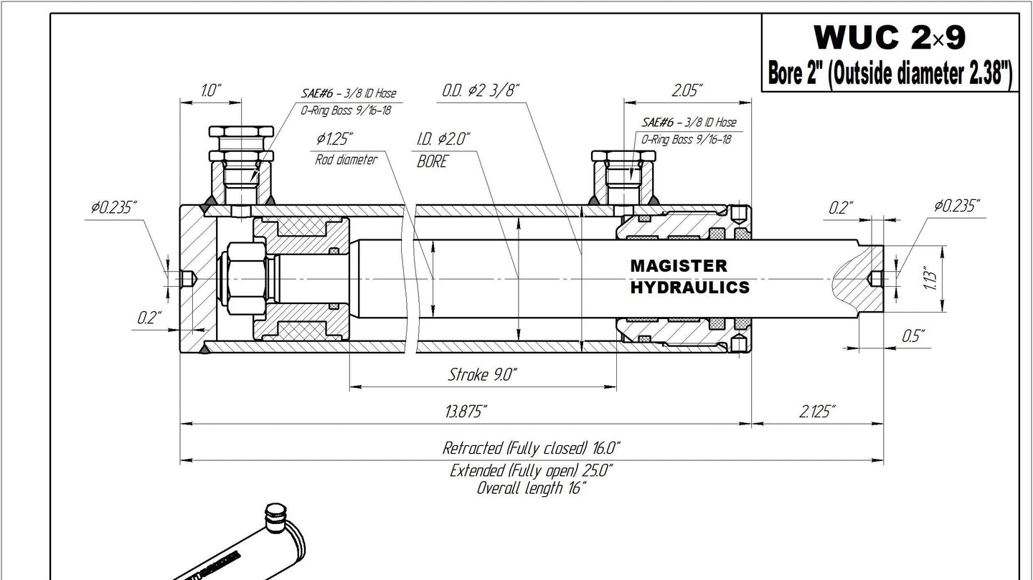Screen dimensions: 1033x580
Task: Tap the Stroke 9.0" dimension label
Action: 482,374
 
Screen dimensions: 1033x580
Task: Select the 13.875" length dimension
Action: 466,411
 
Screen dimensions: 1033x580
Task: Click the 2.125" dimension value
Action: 817,411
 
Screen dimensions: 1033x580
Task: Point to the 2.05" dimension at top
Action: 687,90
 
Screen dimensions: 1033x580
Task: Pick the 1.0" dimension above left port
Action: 211,90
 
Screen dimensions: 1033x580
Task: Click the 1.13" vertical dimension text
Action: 930,278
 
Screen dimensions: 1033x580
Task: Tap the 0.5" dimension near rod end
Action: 914,336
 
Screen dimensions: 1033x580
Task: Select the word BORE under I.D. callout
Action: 432,161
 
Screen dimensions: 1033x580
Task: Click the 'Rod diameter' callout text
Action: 346,160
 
